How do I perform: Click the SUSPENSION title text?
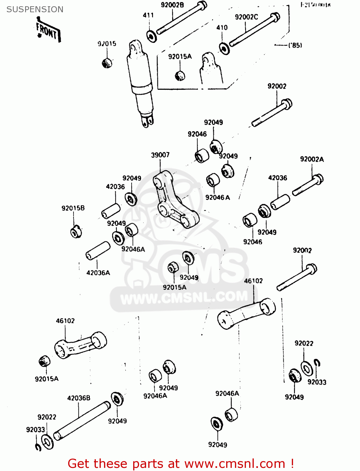(x=35, y=9)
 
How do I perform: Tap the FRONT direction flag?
(x=48, y=31)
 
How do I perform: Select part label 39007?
(x=160, y=155)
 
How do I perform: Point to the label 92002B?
(x=172, y=5)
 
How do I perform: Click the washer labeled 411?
(x=151, y=36)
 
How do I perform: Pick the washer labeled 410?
(x=224, y=48)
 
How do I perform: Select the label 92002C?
(x=246, y=17)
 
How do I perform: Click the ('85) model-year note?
(x=295, y=45)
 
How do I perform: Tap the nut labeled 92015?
(x=107, y=63)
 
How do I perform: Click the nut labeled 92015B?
(x=75, y=232)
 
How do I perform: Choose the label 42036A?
(x=98, y=273)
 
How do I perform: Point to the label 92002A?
(x=312, y=159)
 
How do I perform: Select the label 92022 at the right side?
(x=304, y=343)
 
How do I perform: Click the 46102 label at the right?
(x=253, y=281)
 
